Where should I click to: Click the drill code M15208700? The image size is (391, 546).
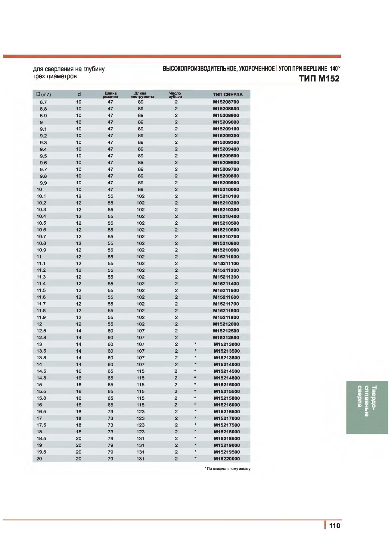(226, 102)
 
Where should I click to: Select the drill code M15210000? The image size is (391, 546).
(226, 189)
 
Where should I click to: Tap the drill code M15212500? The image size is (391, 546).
(226, 331)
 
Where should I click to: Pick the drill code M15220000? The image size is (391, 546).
(227, 459)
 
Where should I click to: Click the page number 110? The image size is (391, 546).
(334, 526)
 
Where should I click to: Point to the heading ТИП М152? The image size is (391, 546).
(319, 79)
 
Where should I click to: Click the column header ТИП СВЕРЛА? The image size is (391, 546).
(228, 95)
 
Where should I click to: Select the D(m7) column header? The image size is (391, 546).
(43, 94)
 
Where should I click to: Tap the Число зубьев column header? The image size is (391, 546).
(175, 95)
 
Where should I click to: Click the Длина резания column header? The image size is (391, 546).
(110, 95)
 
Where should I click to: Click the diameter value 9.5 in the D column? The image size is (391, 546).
(43, 156)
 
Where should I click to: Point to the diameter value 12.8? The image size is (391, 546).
(41, 338)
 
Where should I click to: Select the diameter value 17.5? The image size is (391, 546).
(41, 425)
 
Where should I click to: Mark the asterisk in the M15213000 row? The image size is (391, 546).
(195, 344)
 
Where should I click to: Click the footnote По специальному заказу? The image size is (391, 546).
(228, 469)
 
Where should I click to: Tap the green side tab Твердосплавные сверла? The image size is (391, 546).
(367, 407)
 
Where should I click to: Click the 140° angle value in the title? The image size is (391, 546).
(335, 68)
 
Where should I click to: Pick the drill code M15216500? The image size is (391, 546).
(227, 412)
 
